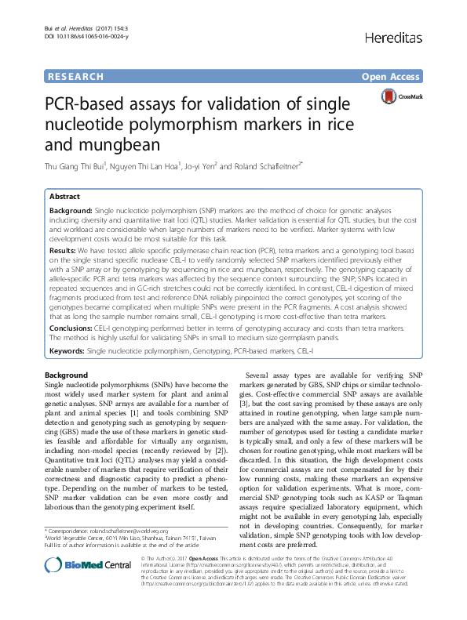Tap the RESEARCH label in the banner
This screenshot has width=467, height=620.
point(75,77)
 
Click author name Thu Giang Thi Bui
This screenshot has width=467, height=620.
point(81,166)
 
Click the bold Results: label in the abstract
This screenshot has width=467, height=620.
point(64,249)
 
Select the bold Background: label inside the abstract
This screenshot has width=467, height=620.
point(70,212)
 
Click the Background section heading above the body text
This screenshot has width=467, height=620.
point(67,375)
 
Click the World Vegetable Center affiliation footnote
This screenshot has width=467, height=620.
point(130,560)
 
